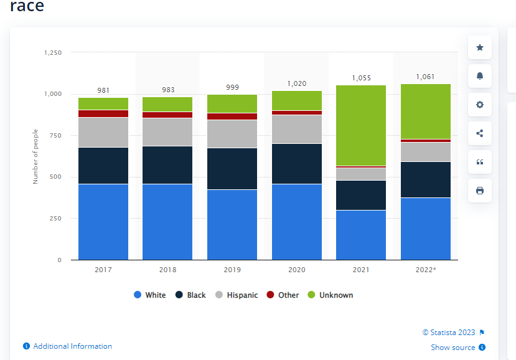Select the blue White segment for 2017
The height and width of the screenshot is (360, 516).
point(103,222)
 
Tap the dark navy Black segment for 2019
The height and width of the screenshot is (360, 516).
point(232,169)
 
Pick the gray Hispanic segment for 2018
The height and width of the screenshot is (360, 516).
point(167,132)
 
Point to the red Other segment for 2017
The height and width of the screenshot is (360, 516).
point(103,113)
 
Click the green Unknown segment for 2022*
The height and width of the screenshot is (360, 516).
point(426,111)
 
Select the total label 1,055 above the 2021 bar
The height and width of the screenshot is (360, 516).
point(360,78)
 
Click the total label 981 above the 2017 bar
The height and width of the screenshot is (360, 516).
point(103,90)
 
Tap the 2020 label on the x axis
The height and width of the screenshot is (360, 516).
point(296,270)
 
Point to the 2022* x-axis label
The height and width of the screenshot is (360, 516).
point(426,270)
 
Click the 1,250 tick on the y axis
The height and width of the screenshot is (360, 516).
point(53,53)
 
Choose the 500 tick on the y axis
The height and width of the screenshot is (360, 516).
point(55,177)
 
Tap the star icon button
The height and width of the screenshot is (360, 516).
point(479,47)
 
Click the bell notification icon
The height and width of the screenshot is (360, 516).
point(479,76)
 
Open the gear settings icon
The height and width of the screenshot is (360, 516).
point(479,105)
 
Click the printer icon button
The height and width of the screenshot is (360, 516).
point(479,191)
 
